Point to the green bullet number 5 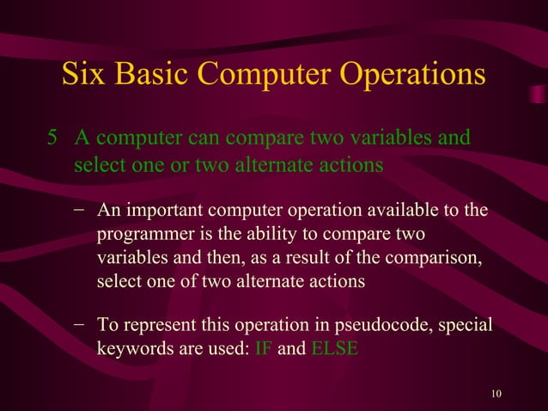[52, 138]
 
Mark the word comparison [432, 258]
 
